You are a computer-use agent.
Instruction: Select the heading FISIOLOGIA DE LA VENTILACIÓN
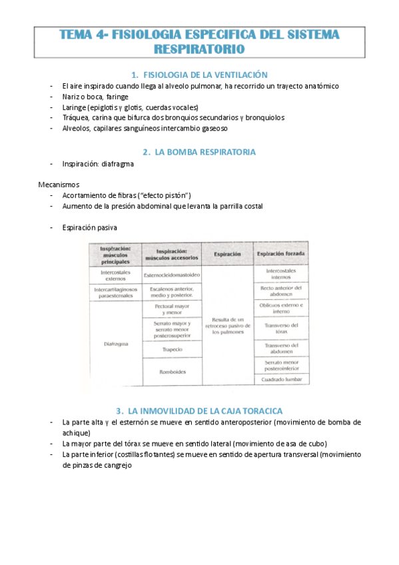[x=204, y=75]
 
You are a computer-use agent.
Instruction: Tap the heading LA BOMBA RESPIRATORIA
[x=204, y=152]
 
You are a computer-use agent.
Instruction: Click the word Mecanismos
[x=58, y=184]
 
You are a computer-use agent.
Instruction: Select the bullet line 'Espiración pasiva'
[x=90, y=228]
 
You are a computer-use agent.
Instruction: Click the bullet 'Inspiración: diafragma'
[x=98, y=164]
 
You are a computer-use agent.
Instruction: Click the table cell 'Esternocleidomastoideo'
[x=172, y=275]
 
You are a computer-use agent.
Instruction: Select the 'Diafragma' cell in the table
[x=116, y=344]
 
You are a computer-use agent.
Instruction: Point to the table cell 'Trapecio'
[x=172, y=349]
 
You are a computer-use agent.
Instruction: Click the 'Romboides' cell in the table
[x=172, y=371]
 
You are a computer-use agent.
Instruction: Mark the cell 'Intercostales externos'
[x=116, y=276]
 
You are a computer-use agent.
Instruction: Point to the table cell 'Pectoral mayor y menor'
[x=172, y=309]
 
